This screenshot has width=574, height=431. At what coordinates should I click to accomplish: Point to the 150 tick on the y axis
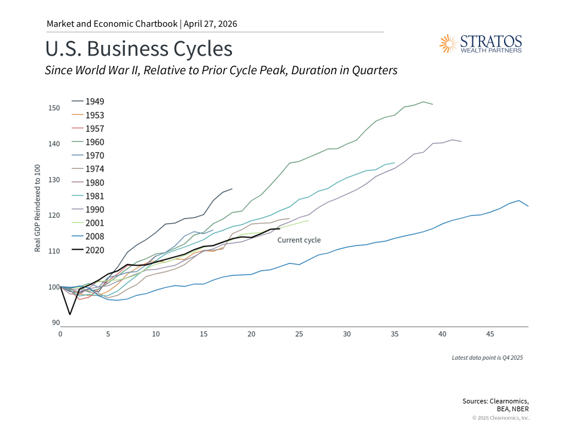coord(54,108)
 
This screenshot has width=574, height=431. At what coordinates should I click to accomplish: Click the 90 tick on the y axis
coord(56,323)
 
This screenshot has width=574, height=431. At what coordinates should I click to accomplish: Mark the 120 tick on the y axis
coord(54,215)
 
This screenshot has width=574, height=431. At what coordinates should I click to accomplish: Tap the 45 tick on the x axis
coord(490,333)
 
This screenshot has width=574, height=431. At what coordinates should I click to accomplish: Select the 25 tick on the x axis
coord(299,333)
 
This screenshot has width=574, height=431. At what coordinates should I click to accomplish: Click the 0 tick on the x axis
coord(60,333)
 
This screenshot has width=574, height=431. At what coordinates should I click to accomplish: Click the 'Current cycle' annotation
coord(299,240)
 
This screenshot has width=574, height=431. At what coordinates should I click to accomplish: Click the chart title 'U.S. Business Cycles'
coord(139,49)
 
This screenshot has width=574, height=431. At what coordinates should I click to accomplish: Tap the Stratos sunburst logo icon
coord(448,43)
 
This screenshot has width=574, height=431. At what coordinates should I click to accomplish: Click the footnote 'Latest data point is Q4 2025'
coord(487,358)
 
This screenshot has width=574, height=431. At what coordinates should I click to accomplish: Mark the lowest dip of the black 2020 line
coord(70,314)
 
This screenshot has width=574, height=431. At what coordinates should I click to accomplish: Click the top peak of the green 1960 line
coord(423,102)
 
